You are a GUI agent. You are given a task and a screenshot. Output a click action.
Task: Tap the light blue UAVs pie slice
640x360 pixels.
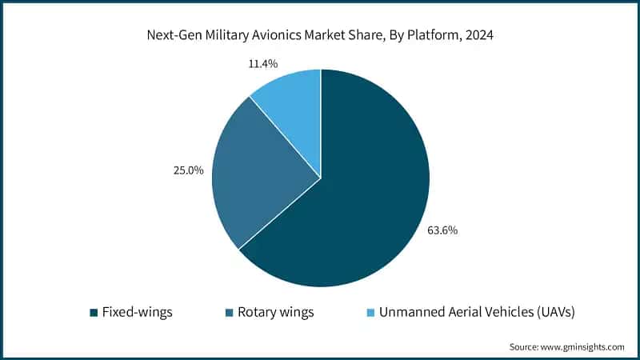tap(292, 104)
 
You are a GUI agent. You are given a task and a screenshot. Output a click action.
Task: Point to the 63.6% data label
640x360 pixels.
tap(442, 230)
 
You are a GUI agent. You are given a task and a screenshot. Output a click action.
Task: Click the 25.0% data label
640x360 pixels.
tap(188, 170)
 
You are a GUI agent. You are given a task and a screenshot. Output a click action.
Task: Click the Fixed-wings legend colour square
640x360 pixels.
tap(93, 311)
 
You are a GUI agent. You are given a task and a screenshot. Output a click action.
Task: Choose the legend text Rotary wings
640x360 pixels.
tap(275, 311)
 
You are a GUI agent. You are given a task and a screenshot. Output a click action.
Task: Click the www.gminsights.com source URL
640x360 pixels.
tap(582, 346)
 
